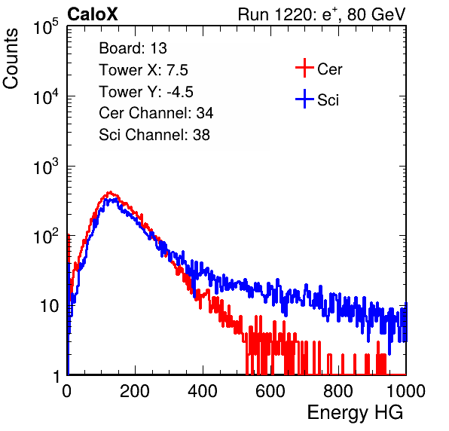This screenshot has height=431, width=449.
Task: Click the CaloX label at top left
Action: [x=92, y=14]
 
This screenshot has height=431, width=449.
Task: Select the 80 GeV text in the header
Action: [x=377, y=14]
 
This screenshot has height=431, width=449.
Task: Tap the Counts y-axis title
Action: [x=11, y=59]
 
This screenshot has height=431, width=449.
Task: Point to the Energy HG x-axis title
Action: [x=355, y=412]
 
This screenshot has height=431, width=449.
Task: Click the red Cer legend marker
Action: [x=304, y=68]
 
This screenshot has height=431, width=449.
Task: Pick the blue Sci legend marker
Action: [x=304, y=99]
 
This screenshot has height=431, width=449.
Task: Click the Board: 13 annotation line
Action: [x=133, y=48]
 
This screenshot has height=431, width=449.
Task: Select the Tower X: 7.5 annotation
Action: [x=143, y=70]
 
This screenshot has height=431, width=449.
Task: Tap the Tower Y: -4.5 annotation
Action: [x=146, y=92]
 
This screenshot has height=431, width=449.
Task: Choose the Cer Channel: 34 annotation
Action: [x=156, y=113]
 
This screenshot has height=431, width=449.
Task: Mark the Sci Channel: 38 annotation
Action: [x=154, y=135]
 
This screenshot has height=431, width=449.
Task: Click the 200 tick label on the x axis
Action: [x=135, y=391]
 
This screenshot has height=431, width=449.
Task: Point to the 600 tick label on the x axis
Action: [x=270, y=391]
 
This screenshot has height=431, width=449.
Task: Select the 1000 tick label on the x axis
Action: [x=406, y=391]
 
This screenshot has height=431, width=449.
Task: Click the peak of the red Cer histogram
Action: [x=110, y=192]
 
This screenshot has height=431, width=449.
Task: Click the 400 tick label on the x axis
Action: [x=203, y=391]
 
